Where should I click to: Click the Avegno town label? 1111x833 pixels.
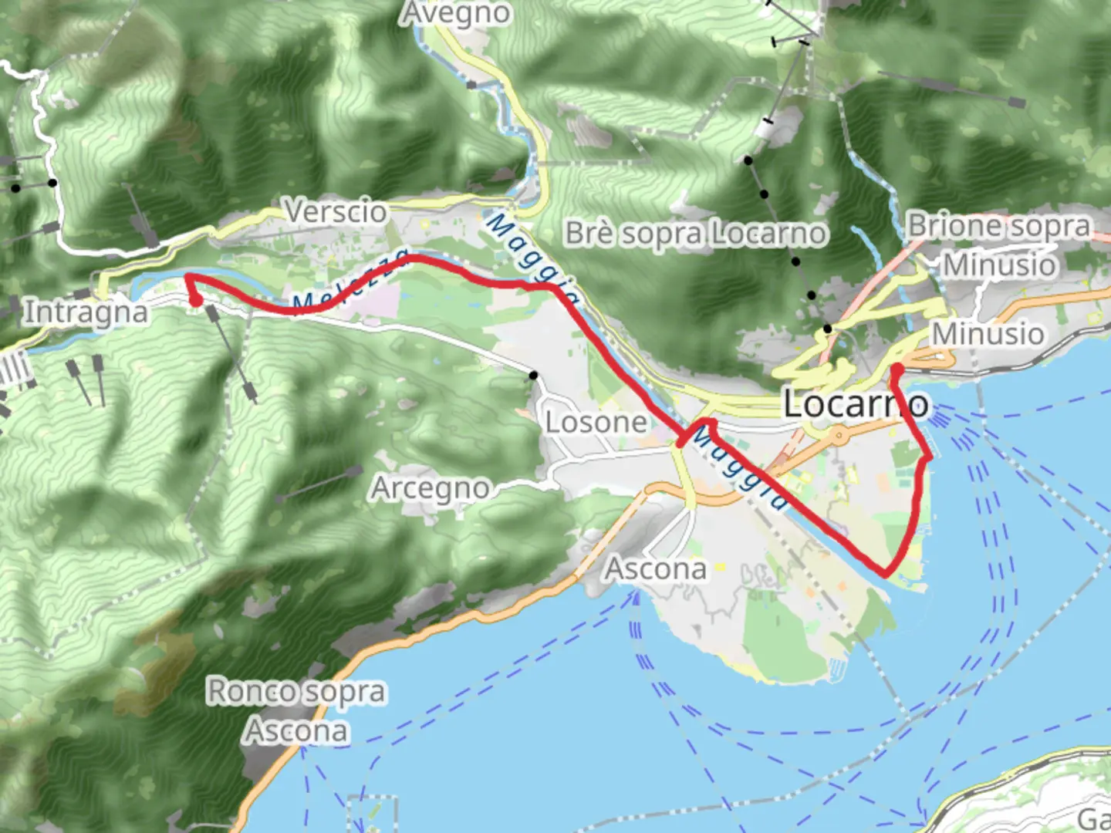pyautogui.click(x=456, y=13)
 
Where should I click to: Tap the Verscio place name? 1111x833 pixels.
pyautogui.click(x=336, y=211)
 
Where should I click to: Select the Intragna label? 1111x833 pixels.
pyautogui.click(x=86, y=312)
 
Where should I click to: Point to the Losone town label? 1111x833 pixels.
pyautogui.click(x=596, y=422)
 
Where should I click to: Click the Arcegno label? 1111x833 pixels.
pyautogui.click(x=431, y=488)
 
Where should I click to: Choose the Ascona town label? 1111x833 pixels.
pyautogui.click(x=656, y=569)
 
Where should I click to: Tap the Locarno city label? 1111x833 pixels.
pyautogui.click(x=856, y=404)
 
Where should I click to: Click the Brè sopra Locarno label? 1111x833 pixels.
pyautogui.click(x=696, y=233)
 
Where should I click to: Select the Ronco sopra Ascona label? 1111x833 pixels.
pyautogui.click(x=295, y=710)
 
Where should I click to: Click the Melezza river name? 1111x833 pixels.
pyautogui.click(x=351, y=281)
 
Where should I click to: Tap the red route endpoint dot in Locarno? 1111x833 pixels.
pyautogui.click(x=897, y=370)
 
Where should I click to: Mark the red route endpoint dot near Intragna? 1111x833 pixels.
pyautogui.click(x=196, y=300)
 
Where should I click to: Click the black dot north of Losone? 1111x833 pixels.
pyautogui.click(x=533, y=376)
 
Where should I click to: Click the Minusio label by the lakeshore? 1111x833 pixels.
pyautogui.click(x=988, y=334)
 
